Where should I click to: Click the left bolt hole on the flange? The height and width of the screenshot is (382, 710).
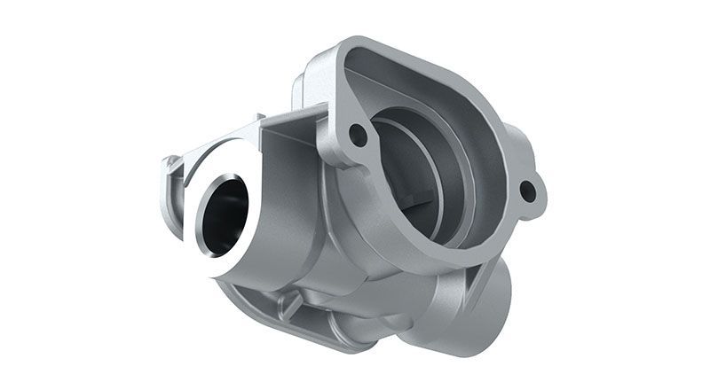(358, 135)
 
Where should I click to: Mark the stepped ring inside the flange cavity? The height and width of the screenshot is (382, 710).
(444, 177)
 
